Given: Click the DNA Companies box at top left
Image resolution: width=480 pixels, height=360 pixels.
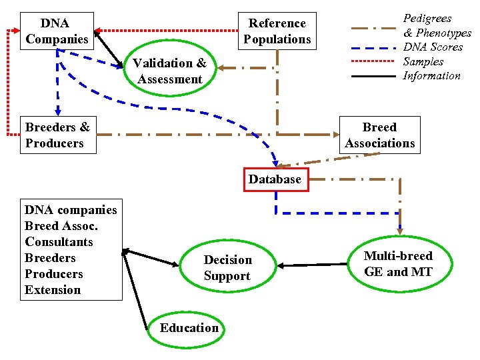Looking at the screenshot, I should [x=57, y=31].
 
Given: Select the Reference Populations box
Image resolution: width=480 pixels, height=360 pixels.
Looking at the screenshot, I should [x=277, y=31].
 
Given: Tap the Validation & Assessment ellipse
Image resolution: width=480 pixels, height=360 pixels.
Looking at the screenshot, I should [x=170, y=71].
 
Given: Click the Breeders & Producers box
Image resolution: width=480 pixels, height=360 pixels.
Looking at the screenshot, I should [x=57, y=135].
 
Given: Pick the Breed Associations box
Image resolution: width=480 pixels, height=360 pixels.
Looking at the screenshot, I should [x=379, y=135].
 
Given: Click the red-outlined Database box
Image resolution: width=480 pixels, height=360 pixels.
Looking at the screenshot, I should [x=275, y=179].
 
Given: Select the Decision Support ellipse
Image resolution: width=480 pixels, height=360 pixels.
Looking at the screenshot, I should [x=227, y=268].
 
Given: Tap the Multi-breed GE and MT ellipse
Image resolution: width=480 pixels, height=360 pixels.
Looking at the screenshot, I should [x=398, y=264].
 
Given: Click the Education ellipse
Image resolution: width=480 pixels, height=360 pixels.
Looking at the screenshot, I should [x=189, y=327].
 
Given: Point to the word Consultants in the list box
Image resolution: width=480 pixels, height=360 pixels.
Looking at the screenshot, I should [x=59, y=242].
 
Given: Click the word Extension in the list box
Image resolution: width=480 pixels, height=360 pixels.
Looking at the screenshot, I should [x=53, y=290].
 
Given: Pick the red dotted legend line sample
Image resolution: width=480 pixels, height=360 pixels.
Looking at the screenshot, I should [x=373, y=61].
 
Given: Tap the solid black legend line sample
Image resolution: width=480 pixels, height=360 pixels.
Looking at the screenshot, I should [x=373, y=76].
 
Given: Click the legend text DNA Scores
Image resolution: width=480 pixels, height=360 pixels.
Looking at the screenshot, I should [x=433, y=47].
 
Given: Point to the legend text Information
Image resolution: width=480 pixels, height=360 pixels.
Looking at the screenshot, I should [x=431, y=76].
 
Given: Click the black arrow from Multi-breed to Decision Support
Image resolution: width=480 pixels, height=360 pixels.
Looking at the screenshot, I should [x=313, y=265].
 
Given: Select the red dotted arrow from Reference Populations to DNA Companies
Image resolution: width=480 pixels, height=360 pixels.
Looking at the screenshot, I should [x=167, y=30].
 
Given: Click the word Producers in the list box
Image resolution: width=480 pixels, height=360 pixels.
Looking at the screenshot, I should [x=53, y=274].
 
